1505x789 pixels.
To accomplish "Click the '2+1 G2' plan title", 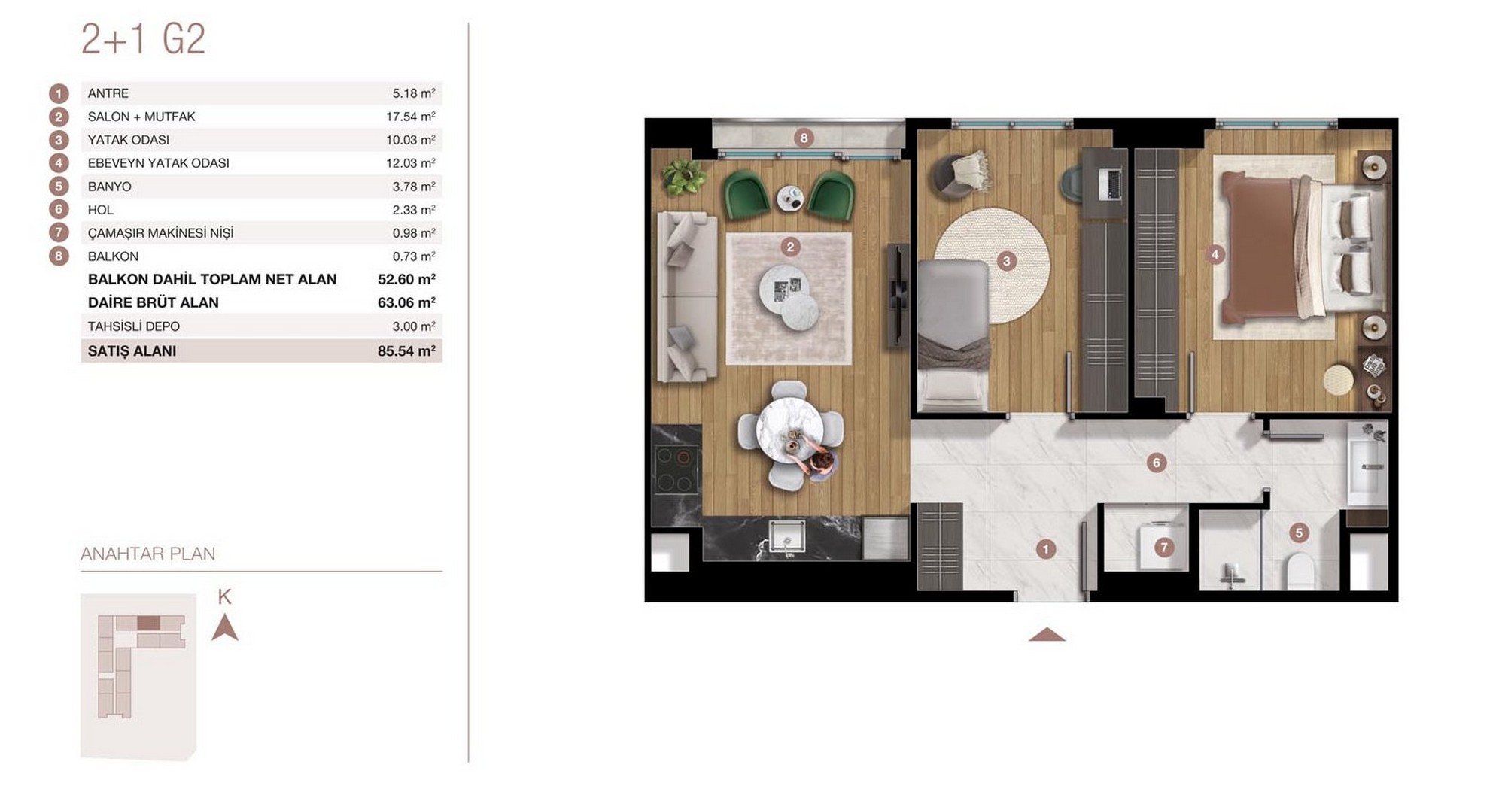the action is [x=143, y=40].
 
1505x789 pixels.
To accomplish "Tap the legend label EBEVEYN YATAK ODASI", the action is [x=158, y=163].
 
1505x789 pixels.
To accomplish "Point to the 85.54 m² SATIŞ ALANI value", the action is [x=406, y=351].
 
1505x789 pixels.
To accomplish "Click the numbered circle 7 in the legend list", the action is [x=59, y=233].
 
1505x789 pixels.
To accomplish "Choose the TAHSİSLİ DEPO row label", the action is [x=134, y=326].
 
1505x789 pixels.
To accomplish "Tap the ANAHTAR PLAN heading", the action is [x=148, y=554].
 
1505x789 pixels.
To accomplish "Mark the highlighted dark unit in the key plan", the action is [x=148, y=623].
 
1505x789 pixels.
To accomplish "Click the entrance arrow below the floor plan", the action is [x=1047, y=635].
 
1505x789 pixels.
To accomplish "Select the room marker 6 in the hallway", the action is [x=1157, y=463].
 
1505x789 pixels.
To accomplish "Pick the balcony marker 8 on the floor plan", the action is [x=804, y=138].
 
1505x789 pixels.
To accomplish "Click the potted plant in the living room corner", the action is [x=683, y=178].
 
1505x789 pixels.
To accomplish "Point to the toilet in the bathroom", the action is [x=1300, y=571].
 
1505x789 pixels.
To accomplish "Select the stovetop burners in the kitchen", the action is [x=676, y=470].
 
